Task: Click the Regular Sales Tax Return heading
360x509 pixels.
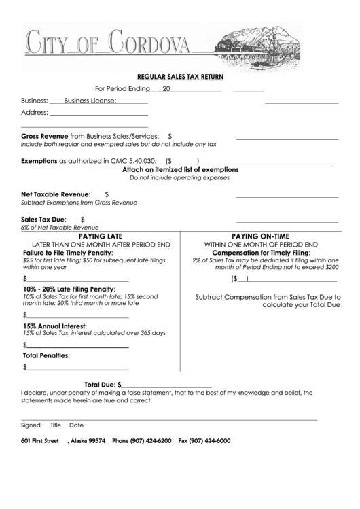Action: pos(180,77)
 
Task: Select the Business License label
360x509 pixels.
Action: pos(90,101)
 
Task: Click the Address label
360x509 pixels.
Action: pos(34,113)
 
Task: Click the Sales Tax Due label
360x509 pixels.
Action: pos(43,220)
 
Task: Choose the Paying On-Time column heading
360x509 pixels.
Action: pos(261,236)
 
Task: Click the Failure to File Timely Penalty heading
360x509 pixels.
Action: pos(68,252)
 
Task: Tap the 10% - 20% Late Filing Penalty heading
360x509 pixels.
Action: pos(69,289)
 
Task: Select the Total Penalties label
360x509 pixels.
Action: pos(47,355)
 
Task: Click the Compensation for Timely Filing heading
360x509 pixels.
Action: pos(261,252)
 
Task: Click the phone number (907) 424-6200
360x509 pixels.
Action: pos(150,441)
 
